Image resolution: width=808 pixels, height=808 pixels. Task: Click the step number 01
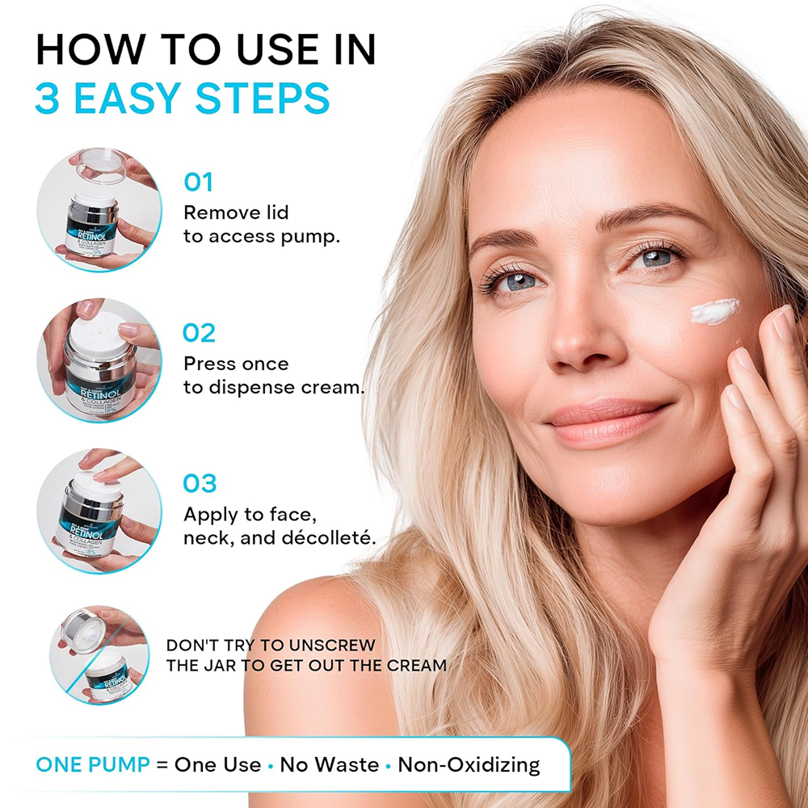pos(199,182)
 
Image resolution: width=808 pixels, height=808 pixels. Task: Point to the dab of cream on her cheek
pos(714,311)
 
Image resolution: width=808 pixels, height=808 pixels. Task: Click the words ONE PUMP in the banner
pos(93,764)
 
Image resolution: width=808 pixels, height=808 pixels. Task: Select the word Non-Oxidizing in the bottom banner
pos(469,764)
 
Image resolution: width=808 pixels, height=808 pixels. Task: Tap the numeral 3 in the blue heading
pos(48,99)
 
